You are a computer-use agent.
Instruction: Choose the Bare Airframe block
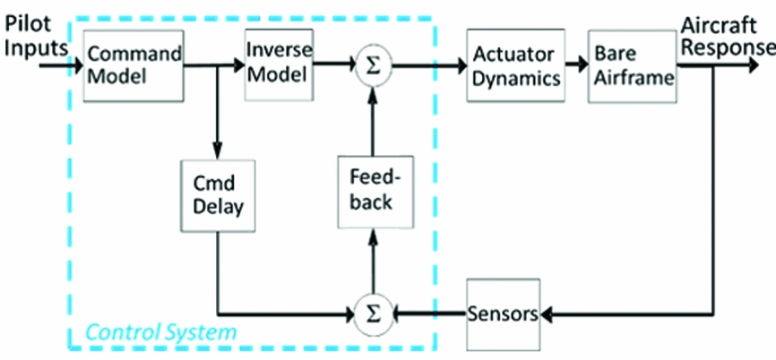632,66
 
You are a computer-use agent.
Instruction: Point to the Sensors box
502,314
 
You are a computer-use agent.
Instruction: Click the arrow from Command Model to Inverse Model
215,64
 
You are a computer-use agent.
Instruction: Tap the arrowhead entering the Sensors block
548,314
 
